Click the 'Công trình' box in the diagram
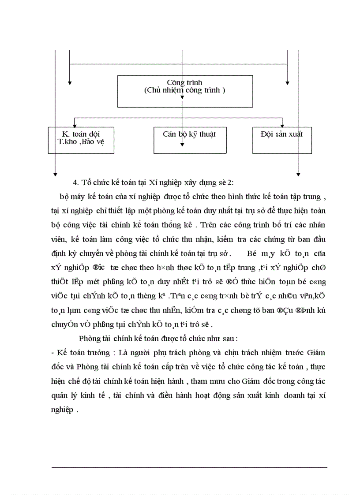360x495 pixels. [185, 91]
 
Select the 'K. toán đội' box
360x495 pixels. [81, 140]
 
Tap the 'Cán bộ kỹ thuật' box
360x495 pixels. [190, 140]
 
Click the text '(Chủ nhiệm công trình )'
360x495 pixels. [185, 90]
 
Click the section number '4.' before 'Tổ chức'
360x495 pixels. [75, 183]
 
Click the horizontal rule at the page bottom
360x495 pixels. [190, 467]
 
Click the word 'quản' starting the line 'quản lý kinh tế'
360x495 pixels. [60, 395]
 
